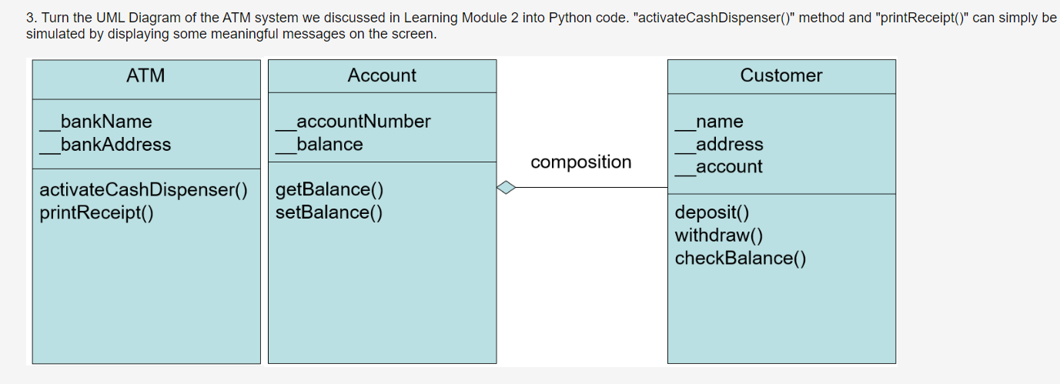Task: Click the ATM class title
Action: click(x=145, y=75)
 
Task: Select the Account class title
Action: click(x=382, y=75)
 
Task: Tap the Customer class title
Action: click(x=781, y=75)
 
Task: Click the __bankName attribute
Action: click(x=97, y=122)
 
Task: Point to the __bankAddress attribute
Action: click(x=106, y=145)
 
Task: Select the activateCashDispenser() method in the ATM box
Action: click(x=144, y=190)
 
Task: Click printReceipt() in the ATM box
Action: click(x=96, y=212)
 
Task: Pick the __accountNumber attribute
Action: click(x=354, y=122)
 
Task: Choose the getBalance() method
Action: click(x=329, y=190)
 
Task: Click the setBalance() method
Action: click(x=329, y=212)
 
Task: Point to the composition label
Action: click(x=581, y=162)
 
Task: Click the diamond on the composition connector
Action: click(x=506, y=187)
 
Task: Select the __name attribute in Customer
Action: click(x=710, y=122)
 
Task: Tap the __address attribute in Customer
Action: click(x=720, y=145)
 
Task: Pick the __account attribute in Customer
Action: click(x=719, y=167)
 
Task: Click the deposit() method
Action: click(x=712, y=212)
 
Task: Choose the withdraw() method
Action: click(x=719, y=235)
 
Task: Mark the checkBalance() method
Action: click(x=741, y=258)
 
